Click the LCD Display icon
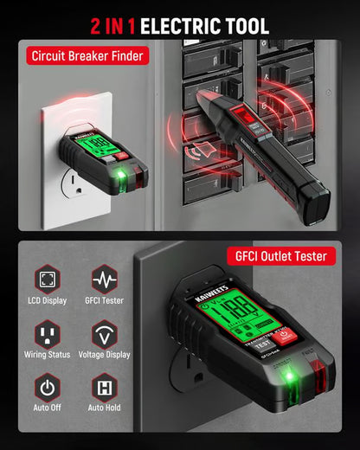(48, 280)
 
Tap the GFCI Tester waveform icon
(104, 280)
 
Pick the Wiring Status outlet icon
(48, 333)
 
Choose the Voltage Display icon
(104, 333)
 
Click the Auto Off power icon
(48, 387)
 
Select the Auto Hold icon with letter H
(104, 387)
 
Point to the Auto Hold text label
(104, 408)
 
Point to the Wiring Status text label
(48, 354)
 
